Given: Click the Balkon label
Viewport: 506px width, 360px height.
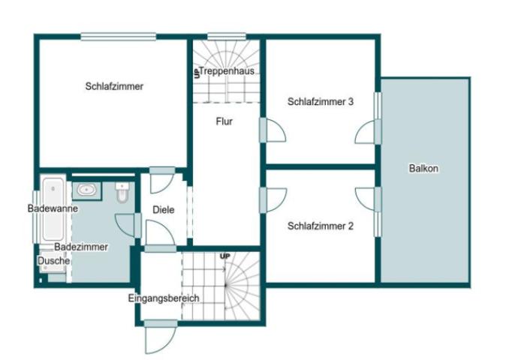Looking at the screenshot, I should click(x=423, y=169).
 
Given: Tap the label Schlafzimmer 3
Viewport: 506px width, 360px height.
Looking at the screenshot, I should click(x=321, y=102).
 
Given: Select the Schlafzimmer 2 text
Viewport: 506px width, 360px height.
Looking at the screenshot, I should click(x=321, y=225).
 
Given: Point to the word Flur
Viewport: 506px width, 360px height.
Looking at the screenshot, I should click(x=224, y=121).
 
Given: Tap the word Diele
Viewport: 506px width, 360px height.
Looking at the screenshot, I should click(x=163, y=210).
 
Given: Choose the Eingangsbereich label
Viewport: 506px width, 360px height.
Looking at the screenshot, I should click(x=164, y=298).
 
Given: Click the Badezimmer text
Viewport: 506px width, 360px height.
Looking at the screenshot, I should click(x=81, y=247).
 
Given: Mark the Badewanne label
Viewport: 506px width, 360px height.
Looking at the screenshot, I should click(x=48, y=208).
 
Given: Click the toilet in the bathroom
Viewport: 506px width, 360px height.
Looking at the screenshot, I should click(x=122, y=193).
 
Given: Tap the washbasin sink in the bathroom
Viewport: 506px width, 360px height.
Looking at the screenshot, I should click(x=86, y=190).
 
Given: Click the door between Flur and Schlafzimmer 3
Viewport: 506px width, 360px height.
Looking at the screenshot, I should click(x=273, y=130).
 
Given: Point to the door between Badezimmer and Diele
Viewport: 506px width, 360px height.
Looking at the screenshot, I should click(x=128, y=225).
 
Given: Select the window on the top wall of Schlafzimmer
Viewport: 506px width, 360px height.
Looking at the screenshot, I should click(x=119, y=35).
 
